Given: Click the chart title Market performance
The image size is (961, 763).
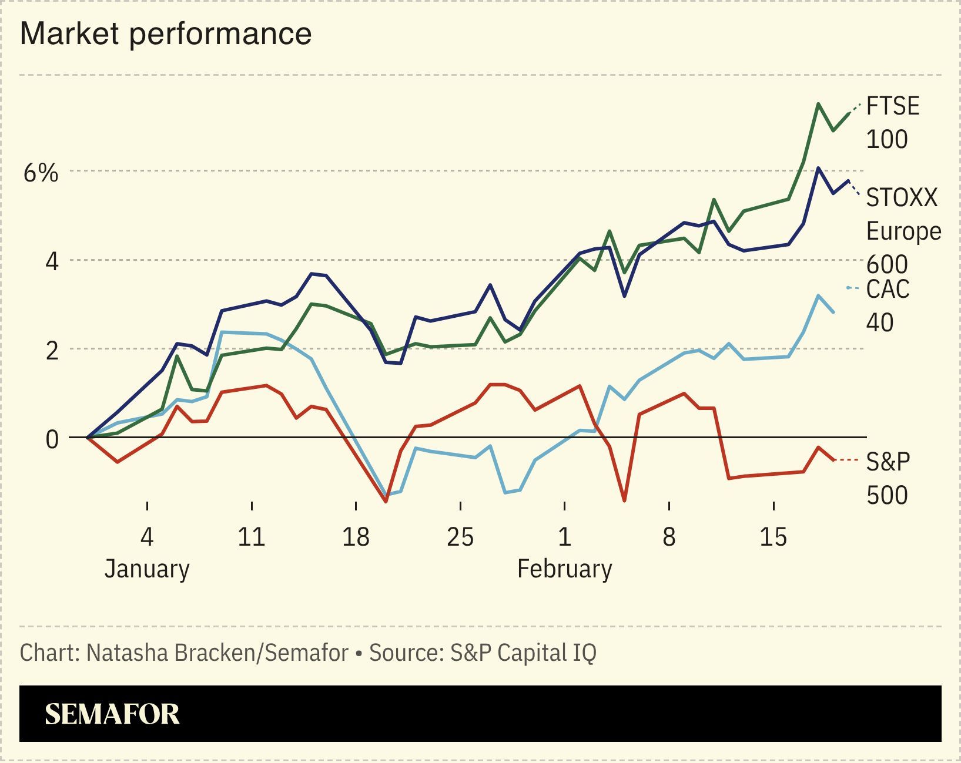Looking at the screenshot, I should point(165,33).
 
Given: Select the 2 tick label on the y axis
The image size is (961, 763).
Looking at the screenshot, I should point(52,351).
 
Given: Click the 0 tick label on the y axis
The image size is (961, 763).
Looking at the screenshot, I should point(52,439).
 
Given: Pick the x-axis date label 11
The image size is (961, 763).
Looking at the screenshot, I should point(251,536).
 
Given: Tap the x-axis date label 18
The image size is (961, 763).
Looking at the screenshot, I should point(356,536).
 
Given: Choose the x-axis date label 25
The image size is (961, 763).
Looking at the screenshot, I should point(460,536).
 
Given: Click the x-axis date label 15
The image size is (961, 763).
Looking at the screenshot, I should point(773,536).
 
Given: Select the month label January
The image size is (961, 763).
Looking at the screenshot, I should point(147,569).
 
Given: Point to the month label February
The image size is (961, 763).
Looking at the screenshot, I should point(564,569).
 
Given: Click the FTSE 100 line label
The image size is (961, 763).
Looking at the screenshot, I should point(892,122).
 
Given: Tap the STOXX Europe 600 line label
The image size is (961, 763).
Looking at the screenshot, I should point(903,231).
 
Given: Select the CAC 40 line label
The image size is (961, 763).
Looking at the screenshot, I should point(888,305).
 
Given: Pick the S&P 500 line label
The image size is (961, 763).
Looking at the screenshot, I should point(888,478).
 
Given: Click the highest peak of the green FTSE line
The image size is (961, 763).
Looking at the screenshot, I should point(818,104).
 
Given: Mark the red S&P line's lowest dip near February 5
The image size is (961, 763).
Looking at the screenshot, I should point(624,501).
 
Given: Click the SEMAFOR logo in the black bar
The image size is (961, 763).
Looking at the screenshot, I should point(112,714).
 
